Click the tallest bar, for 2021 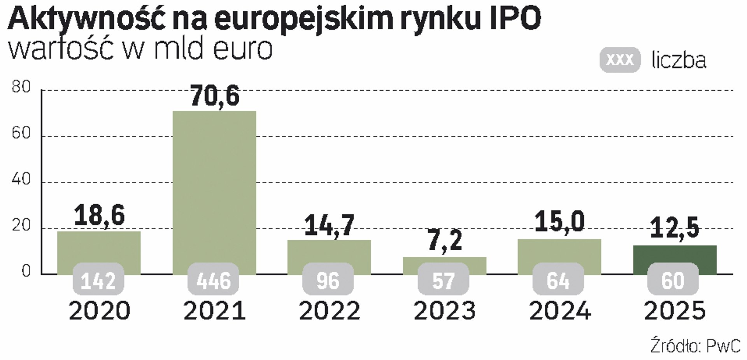point(214,187)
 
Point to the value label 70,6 point(215,97)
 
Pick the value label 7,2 point(445,241)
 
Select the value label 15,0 point(559,222)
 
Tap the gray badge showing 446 point(214,280)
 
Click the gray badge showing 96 point(328,280)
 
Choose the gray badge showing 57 point(444,280)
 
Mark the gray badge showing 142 point(98,280)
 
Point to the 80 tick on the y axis point(21,87)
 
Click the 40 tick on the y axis point(21,179)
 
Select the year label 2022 point(330,311)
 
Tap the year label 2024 point(560,311)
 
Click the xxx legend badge point(620,60)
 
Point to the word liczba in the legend point(679,61)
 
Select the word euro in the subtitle point(243,49)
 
